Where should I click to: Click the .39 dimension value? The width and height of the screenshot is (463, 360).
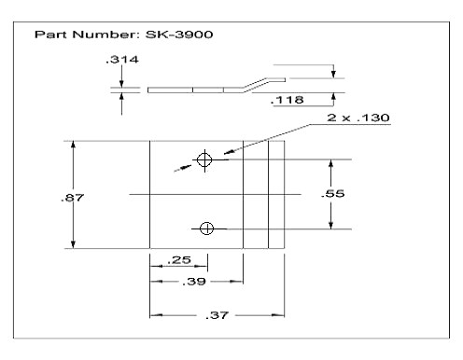[x=195, y=280]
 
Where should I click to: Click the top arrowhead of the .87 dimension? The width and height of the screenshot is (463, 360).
[x=73, y=145]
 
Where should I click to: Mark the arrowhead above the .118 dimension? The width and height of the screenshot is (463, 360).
[x=331, y=74]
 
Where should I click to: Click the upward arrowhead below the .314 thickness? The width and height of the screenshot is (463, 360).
[x=122, y=97]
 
